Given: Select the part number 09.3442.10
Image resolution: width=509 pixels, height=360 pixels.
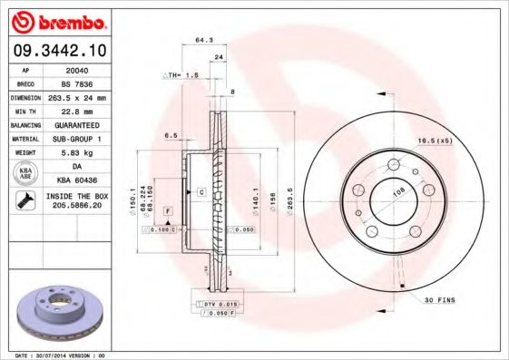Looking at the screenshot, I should click(58, 52).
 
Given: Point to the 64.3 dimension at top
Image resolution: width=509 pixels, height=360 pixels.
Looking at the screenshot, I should click(203, 40).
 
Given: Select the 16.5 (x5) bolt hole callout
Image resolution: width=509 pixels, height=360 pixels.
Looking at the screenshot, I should click(434, 141).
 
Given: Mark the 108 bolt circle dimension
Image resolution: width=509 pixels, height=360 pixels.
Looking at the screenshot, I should click(396, 194).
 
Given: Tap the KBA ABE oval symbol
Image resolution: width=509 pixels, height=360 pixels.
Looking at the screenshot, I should click(26, 172).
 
